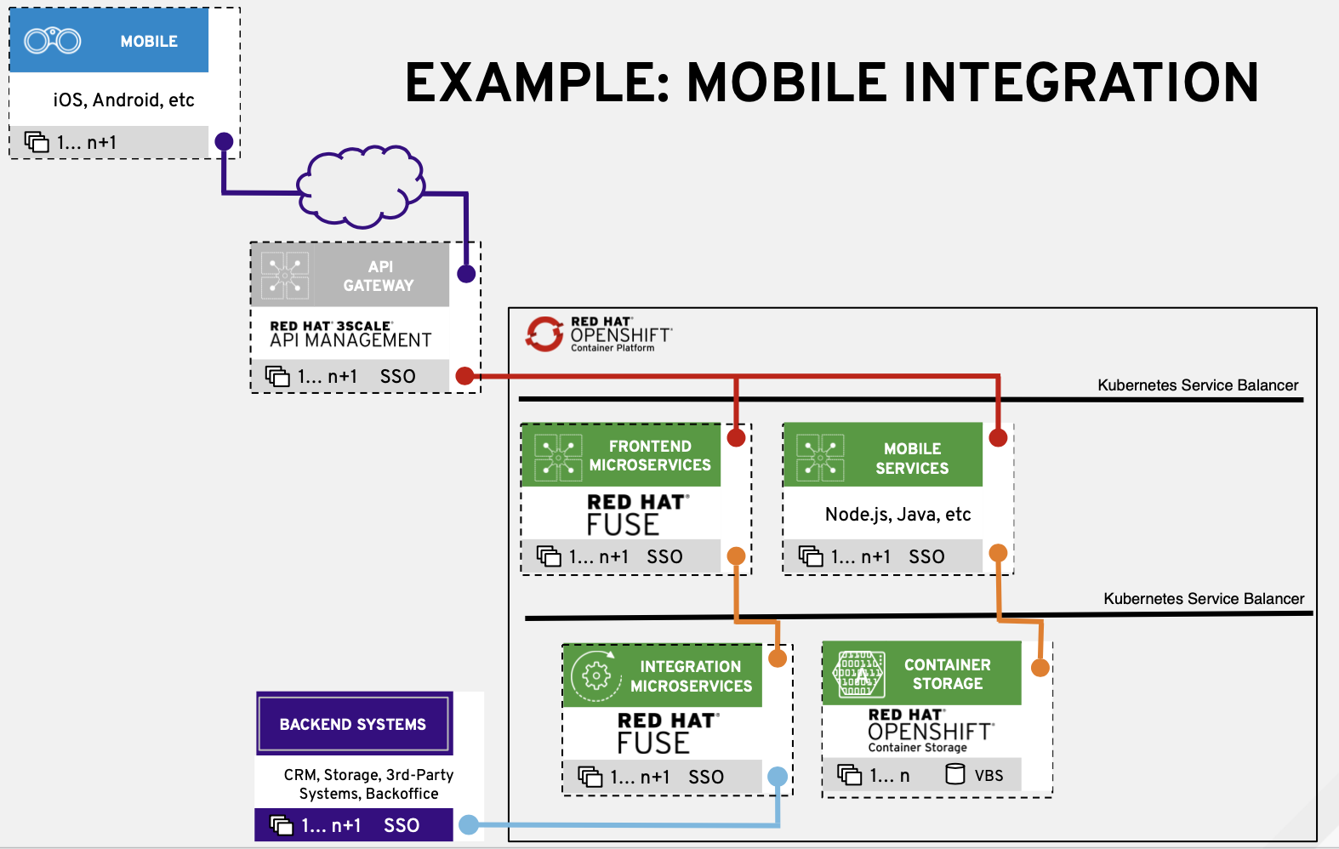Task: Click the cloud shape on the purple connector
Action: point(361,187)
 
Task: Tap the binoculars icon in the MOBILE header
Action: point(53,40)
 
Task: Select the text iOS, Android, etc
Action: point(123,100)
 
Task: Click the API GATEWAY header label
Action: point(379,276)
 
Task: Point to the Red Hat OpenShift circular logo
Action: point(544,334)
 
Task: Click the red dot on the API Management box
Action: point(464,376)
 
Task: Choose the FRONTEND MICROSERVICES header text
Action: point(650,456)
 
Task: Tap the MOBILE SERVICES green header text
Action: point(912,459)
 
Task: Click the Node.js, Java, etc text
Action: point(897,515)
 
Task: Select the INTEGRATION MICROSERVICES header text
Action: point(691,676)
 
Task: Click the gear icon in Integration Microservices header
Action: point(596,676)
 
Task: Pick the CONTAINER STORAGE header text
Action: point(947,674)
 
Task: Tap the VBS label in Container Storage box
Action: point(989,776)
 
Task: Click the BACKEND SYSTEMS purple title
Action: point(353,725)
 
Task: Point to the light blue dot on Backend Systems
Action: point(468,824)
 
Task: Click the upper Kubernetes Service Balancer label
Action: point(1198,385)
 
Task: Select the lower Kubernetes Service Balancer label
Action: point(1204,599)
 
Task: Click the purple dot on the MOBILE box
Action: point(224,141)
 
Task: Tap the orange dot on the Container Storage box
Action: point(1040,668)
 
